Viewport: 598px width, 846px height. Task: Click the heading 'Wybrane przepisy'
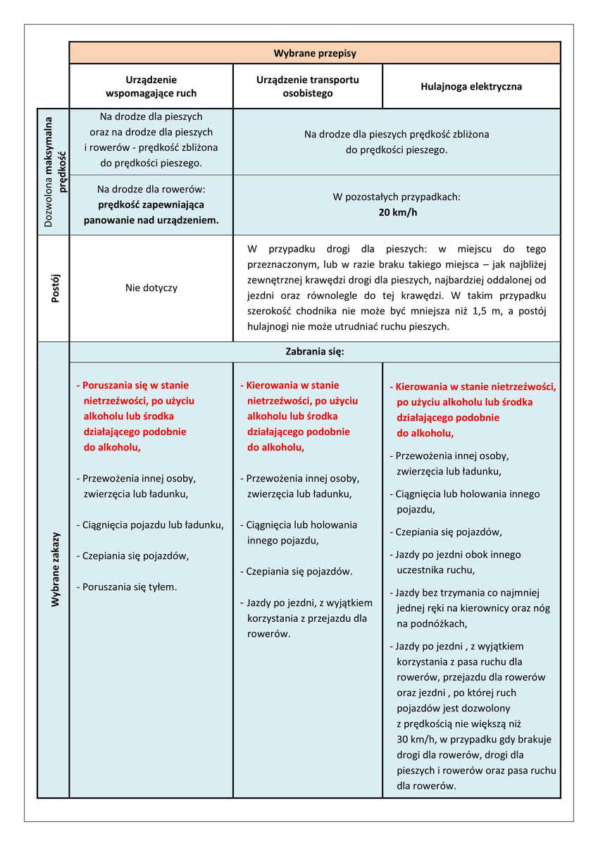coord(315,53)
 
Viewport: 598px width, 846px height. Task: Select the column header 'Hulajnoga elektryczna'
coord(471,87)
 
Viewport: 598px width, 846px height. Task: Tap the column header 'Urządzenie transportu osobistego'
coord(308,86)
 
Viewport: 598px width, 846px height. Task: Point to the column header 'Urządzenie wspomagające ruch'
coord(151,86)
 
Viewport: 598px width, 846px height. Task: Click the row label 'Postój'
coord(54,288)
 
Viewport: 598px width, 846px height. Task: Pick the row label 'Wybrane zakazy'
coord(54,570)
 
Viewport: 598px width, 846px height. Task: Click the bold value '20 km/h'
coord(397,212)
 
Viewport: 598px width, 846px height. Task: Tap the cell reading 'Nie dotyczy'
coord(151,288)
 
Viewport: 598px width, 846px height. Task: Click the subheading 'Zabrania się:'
coord(315,351)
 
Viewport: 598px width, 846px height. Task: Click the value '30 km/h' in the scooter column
coord(416,739)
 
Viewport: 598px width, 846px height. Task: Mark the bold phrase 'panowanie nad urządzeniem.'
coord(151,220)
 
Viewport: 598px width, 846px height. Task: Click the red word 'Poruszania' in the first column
coord(107,386)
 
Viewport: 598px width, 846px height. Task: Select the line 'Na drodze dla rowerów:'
coord(151,189)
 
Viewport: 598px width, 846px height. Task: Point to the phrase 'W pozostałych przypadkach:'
coord(397,197)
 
